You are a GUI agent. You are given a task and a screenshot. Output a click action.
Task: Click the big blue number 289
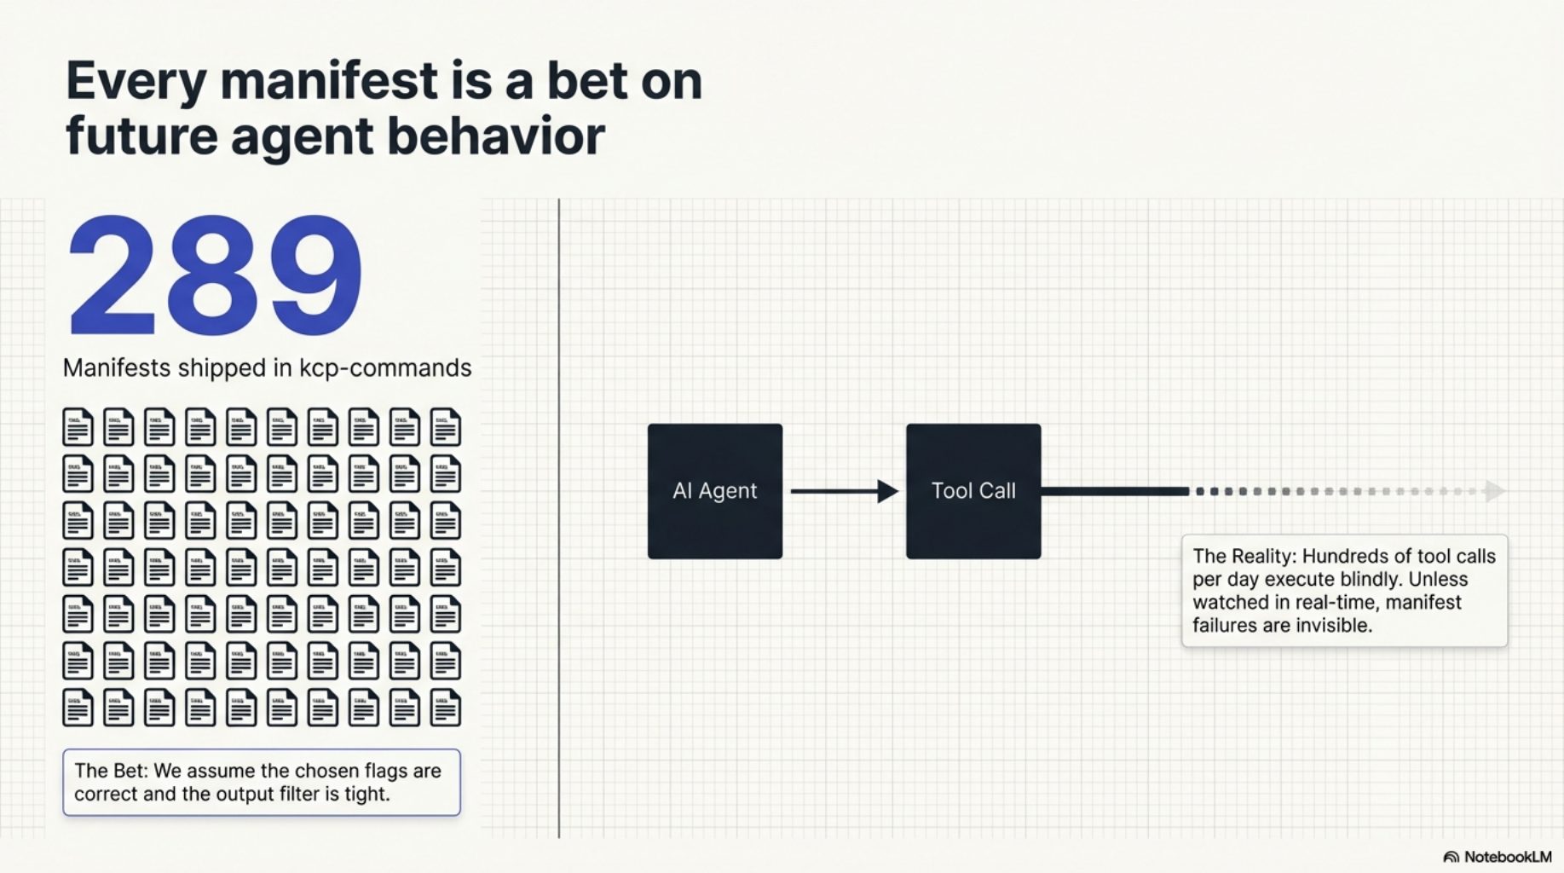(215, 277)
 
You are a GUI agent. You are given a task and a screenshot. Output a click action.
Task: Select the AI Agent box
(714, 491)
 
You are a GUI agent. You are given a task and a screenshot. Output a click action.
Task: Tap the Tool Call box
(972, 491)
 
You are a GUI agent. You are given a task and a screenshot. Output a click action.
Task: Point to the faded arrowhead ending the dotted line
(1493, 491)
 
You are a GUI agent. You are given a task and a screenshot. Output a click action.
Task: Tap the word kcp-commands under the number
(384, 368)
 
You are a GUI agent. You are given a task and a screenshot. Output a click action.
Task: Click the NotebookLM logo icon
(1451, 857)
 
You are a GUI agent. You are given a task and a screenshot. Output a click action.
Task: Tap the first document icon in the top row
(78, 427)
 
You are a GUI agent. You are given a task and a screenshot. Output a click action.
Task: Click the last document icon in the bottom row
(445, 708)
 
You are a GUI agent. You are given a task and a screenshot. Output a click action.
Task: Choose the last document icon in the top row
(445, 427)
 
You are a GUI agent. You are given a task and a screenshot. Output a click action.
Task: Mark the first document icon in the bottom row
(78, 708)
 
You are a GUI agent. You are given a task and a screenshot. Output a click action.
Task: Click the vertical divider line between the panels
(559, 512)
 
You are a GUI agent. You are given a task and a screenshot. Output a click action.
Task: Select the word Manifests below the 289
(117, 368)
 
